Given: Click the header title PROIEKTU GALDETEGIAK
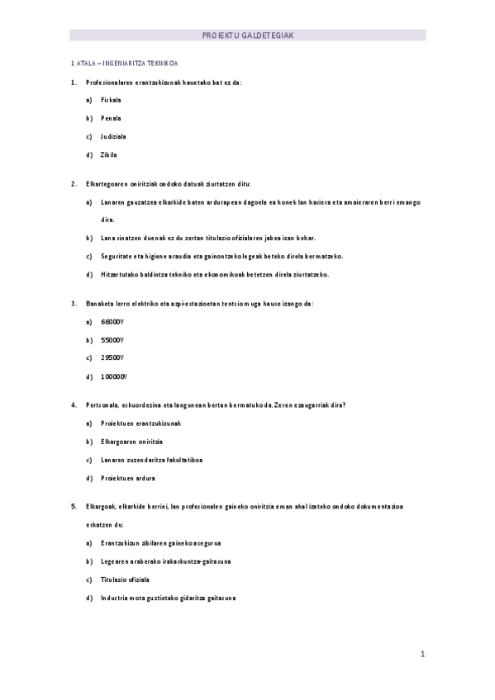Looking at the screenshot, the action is [x=247, y=35].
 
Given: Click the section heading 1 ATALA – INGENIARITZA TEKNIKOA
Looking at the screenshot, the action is [x=126, y=63].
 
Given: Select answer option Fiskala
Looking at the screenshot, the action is [x=112, y=100].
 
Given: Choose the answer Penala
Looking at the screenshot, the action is [x=112, y=118].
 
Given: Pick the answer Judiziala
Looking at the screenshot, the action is [x=114, y=136].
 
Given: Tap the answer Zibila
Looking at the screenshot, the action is [x=109, y=154].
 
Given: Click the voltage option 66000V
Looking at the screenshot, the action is [x=112, y=322].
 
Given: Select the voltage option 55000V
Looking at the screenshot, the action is [x=112, y=340].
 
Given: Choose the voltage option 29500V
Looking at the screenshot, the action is [x=112, y=358].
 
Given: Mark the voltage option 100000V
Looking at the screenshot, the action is [x=114, y=376].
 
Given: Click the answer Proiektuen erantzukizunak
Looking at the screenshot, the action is [x=140, y=423].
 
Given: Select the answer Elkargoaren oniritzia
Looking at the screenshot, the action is [x=132, y=442].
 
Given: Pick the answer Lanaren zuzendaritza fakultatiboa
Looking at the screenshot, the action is [x=152, y=460].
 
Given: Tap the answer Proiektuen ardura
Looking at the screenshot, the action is [x=128, y=478].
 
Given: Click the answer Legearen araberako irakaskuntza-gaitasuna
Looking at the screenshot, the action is [x=166, y=562].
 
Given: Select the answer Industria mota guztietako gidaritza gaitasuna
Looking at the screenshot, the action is [x=169, y=598].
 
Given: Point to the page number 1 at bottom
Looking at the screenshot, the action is [x=422, y=655].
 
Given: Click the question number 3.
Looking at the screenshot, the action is [x=74, y=304].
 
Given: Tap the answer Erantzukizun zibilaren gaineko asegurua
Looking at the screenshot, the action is [x=161, y=544].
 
